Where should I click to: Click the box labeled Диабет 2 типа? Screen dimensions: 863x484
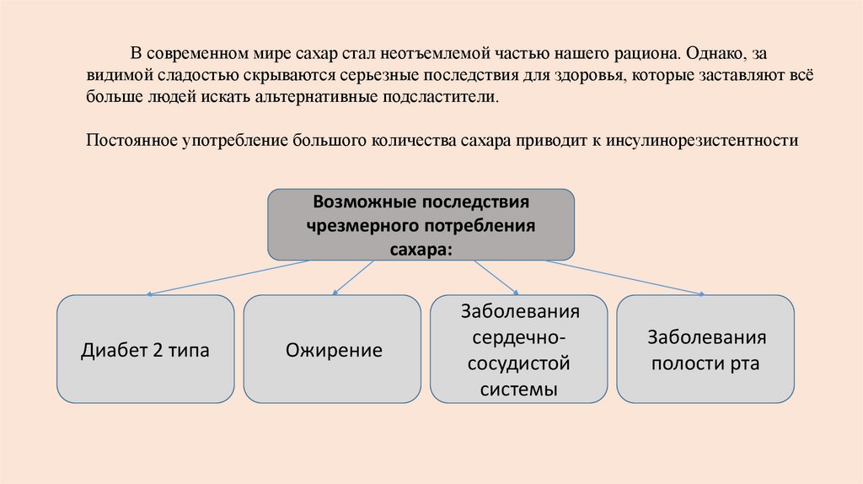click(x=145, y=349)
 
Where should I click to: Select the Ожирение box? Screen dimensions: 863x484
click(x=332, y=349)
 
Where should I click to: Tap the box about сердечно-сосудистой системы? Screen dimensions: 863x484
click(x=518, y=349)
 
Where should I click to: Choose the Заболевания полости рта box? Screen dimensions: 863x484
click(x=706, y=349)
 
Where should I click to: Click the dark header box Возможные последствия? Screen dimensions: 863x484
click(x=421, y=224)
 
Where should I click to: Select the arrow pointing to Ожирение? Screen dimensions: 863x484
click(x=354, y=277)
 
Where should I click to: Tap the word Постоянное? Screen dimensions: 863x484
click(x=131, y=140)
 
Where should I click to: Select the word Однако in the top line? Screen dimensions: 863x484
click(x=713, y=53)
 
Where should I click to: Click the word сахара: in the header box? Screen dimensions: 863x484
click(x=421, y=249)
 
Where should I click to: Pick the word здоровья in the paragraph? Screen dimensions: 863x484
click(x=587, y=75)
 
